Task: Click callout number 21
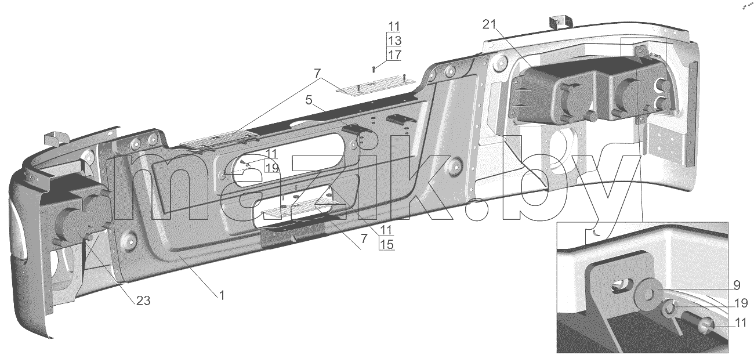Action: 490,24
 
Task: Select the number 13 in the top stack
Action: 394,41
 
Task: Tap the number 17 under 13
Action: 394,55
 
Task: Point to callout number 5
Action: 309,100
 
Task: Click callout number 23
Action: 143,301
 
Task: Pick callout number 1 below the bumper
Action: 222,295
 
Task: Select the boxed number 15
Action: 386,244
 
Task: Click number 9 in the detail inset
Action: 737,285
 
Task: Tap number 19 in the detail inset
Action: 741,303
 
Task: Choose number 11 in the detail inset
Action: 741,323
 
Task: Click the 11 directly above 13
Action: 394,26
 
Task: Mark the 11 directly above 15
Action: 386,230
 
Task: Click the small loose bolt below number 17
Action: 374,70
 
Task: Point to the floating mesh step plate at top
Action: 376,86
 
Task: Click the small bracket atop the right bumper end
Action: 560,21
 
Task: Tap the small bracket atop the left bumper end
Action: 56,138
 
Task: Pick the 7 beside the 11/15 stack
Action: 364,239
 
